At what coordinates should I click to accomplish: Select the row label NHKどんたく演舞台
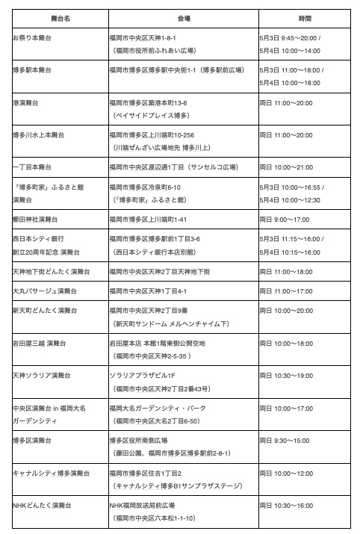[41, 506]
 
